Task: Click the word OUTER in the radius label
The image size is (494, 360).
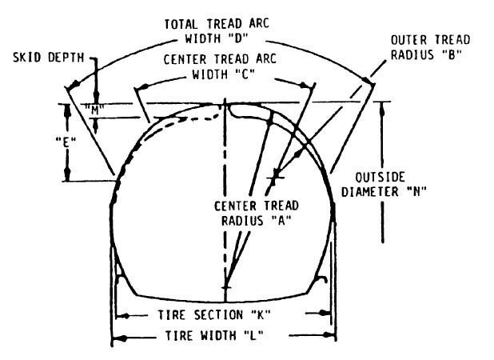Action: tap(409, 40)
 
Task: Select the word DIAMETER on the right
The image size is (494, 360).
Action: tap(376, 191)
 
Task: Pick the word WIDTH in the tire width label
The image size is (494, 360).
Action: tap(212, 337)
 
